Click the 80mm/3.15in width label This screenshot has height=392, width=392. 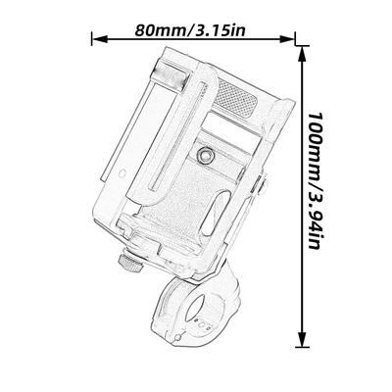190,30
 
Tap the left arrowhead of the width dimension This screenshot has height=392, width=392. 99,39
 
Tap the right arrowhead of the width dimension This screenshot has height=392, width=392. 287,39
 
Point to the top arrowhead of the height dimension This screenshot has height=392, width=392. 302,54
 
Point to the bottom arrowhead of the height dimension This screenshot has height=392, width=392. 302,339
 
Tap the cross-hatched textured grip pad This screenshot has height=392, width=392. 236,97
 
